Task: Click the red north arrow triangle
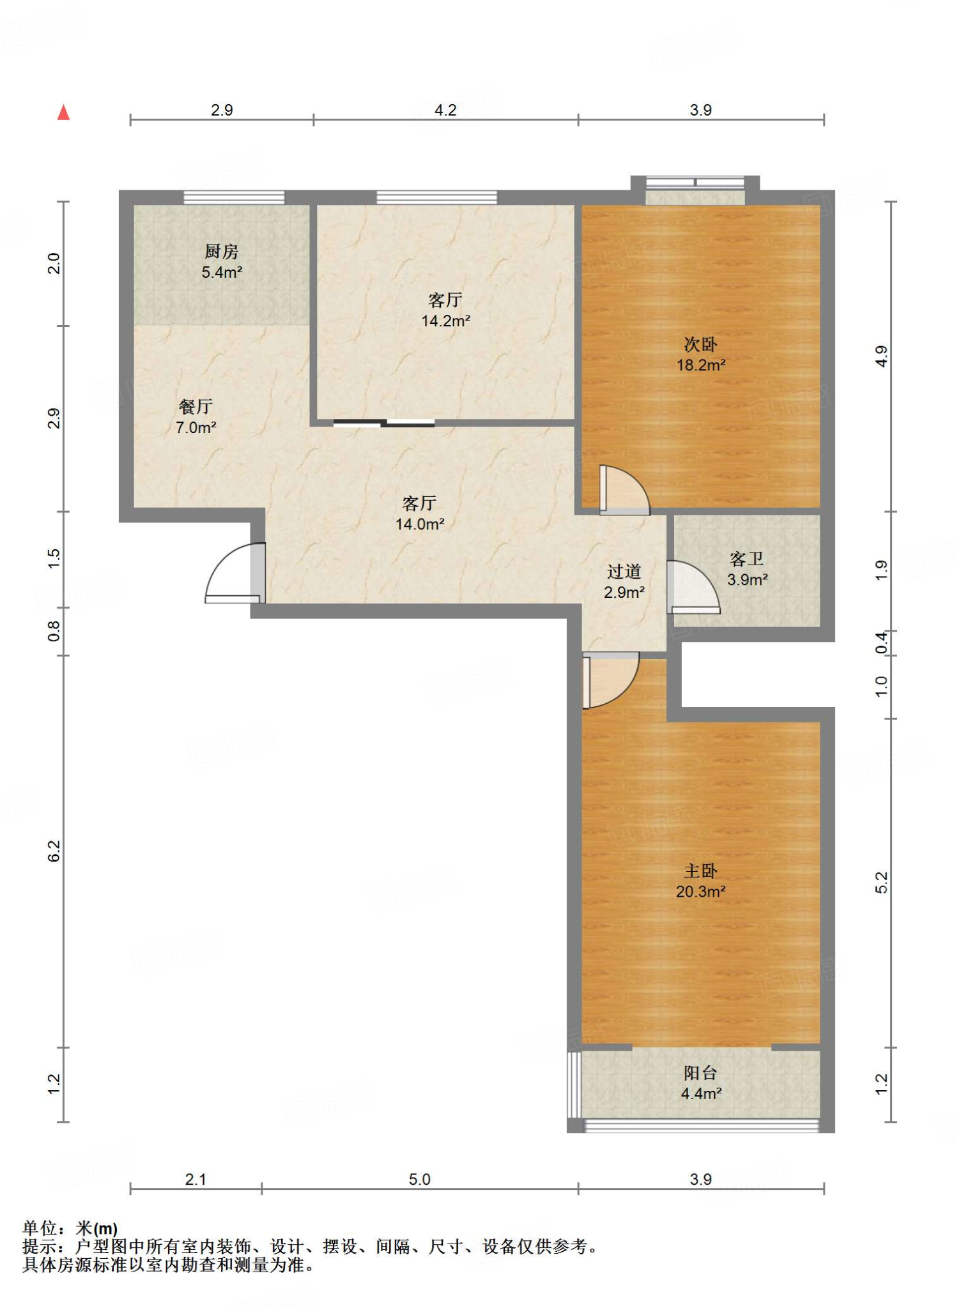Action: pyautogui.click(x=63, y=112)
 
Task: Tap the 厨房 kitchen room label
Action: pyautogui.click(x=221, y=252)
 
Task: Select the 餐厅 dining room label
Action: pyautogui.click(x=196, y=407)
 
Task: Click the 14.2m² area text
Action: pyautogui.click(x=445, y=321)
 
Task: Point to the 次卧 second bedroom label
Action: pyautogui.click(x=700, y=345)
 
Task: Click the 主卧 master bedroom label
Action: pyautogui.click(x=700, y=871)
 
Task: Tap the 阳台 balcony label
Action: pyautogui.click(x=700, y=1073)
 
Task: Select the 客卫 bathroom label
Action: pyautogui.click(x=746, y=559)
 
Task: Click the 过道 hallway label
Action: pyautogui.click(x=624, y=572)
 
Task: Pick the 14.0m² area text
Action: pyautogui.click(x=420, y=524)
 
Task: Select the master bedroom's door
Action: pyautogui.click(x=610, y=680)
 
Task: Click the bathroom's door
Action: pyautogui.click(x=693, y=587)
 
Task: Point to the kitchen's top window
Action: pyautogui.click(x=234, y=197)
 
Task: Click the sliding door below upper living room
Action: pyautogui.click(x=384, y=422)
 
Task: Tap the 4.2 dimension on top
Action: pyautogui.click(x=445, y=110)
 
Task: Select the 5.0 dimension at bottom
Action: pyautogui.click(x=420, y=1179)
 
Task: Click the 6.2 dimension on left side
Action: pyautogui.click(x=54, y=851)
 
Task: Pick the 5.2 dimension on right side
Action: pyautogui.click(x=881, y=883)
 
